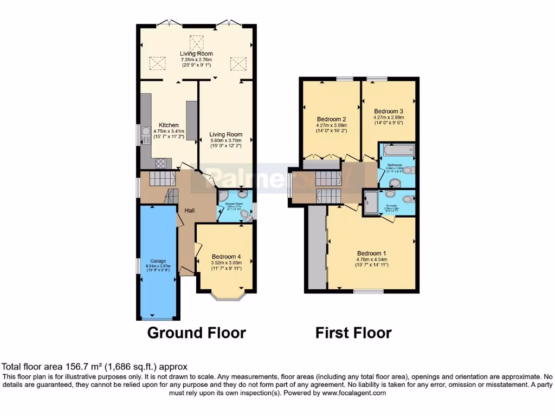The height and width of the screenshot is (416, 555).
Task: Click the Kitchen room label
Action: pos(169,125)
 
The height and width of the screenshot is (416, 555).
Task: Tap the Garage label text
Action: pos(158,261)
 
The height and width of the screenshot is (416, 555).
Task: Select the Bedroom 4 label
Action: pos(226,257)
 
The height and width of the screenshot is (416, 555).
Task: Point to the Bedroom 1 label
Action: pos(371,253)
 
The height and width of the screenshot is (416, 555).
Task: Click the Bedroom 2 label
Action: pos(331,119)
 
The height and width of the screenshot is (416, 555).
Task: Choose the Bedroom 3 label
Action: pos(389,111)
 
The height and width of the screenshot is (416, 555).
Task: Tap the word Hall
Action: pos(189,210)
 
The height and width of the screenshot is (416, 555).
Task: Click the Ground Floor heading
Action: pos(196,333)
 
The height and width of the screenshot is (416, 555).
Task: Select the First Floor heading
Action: pos(353,333)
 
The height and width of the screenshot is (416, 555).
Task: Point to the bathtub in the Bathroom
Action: pos(396,150)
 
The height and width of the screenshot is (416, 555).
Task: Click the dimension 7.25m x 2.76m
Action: pos(196,60)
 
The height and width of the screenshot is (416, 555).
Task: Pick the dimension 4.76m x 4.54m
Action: pos(371,259)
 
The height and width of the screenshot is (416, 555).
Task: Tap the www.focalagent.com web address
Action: pos(353,393)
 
